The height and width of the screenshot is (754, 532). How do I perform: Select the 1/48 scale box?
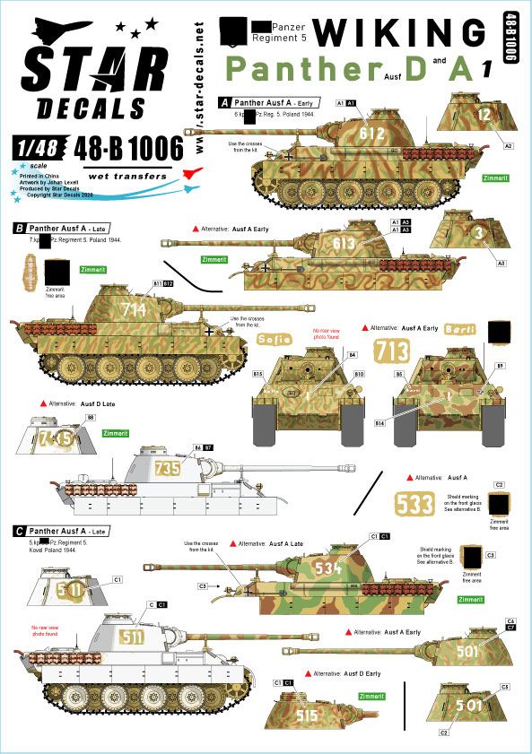32,146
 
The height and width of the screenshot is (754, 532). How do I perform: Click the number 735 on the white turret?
167,467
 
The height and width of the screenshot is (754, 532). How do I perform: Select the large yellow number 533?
415,504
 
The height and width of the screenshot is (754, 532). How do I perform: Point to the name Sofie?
275,340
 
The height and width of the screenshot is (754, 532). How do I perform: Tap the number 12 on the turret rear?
484,114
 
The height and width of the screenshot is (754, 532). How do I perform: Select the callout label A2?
509,145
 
